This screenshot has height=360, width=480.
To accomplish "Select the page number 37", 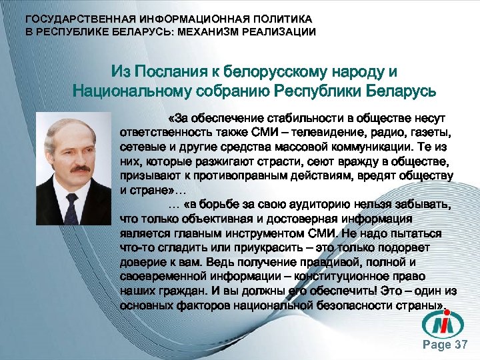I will click(x=460, y=345).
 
